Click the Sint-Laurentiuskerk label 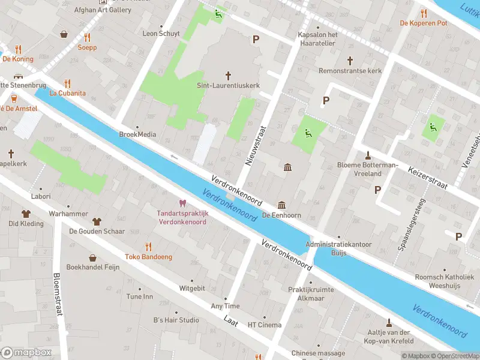[228, 86]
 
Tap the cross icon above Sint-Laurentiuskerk [228, 75]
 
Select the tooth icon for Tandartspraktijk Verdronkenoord [182, 203]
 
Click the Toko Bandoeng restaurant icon [148, 246]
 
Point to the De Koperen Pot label [424, 23]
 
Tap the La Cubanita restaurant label [67, 93]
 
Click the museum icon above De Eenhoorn [281, 205]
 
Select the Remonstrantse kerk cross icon [350, 61]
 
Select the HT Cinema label [265, 325]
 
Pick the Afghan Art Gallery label [103, 10]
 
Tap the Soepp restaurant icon [87, 37]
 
